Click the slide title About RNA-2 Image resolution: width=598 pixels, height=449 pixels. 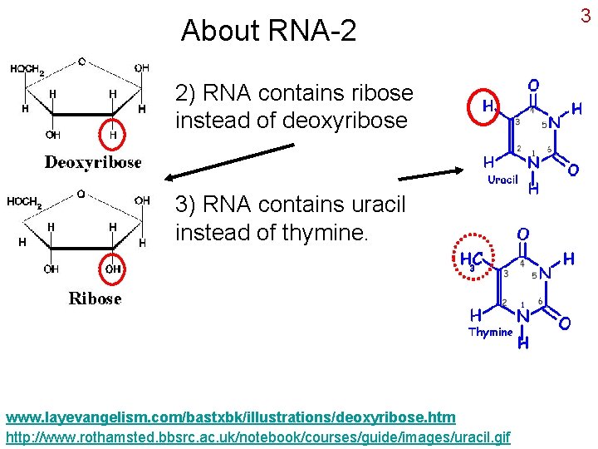coord(268,31)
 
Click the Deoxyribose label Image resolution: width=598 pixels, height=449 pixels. coord(93,162)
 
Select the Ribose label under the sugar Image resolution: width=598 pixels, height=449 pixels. coord(95,299)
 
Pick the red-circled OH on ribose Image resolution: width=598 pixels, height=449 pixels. coord(113,269)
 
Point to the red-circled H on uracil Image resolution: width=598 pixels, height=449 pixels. coord(489,106)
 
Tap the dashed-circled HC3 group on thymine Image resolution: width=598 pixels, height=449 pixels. coord(469,260)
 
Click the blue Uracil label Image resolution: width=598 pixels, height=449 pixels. coord(502,180)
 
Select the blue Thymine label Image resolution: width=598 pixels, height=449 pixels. coord(490,332)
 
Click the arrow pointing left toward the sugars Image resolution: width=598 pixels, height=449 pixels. coord(228,161)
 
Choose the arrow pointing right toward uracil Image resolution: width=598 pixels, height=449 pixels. coord(431,174)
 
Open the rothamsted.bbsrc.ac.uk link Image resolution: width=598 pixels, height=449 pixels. coord(258,437)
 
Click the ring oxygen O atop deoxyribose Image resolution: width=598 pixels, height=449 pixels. coord(81,61)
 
